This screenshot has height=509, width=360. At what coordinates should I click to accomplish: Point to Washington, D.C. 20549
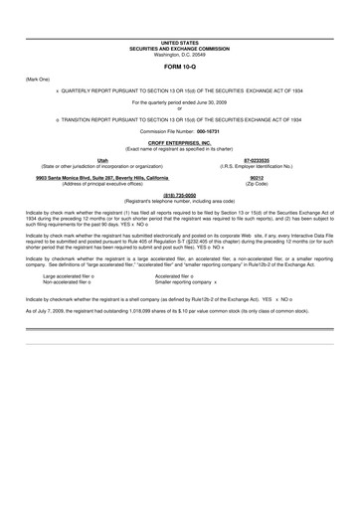point(180,56)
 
